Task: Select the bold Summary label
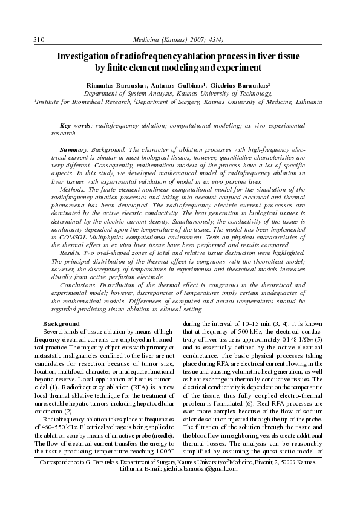coord(74,149)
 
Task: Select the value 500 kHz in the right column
coord(242,332)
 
